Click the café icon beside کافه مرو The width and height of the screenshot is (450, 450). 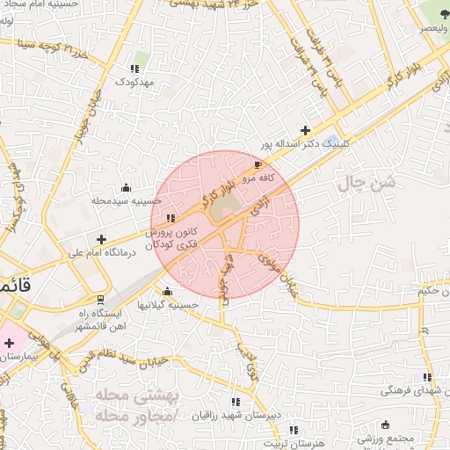pyautogui.click(x=258, y=164)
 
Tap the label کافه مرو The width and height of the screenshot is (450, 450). pyautogui.click(x=260, y=178)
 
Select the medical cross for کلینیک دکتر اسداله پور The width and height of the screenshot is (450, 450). pyautogui.click(x=306, y=130)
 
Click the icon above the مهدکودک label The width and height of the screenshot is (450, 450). pyautogui.click(x=134, y=69)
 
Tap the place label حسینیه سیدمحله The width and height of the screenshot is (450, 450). pyautogui.click(x=127, y=200)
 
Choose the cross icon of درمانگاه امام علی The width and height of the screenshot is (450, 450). pyautogui.click(x=102, y=238)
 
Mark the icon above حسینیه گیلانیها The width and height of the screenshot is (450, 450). pyautogui.click(x=167, y=292)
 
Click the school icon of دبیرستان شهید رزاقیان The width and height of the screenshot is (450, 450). pyautogui.click(x=234, y=401)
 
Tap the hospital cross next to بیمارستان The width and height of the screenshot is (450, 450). pyautogui.click(x=8, y=342)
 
